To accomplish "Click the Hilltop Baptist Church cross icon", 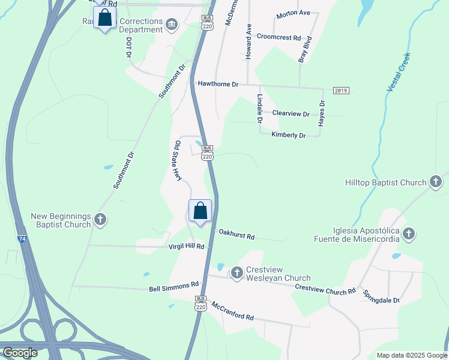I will coord(436,182).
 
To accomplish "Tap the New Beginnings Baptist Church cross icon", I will coord(100,220).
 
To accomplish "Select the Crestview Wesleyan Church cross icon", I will coord(237,273).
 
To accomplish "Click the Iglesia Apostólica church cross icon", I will coord(409,234).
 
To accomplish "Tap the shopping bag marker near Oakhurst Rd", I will coord(200,211).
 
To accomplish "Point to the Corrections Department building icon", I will coord(172,24).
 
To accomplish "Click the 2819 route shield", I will coord(340,91).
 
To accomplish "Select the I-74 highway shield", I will coord(22,238).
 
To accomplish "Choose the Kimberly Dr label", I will coord(288,135).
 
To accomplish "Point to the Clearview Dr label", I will coord(291,113).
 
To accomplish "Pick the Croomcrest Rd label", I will coord(279,37).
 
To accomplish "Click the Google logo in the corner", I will coord(20,353).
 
